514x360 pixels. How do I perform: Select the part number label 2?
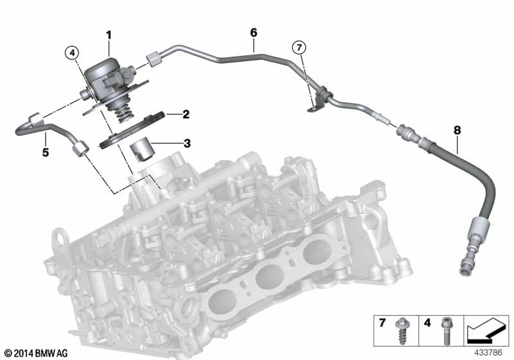(186, 115)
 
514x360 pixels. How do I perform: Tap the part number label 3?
(186, 143)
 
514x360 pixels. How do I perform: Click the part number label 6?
(253, 32)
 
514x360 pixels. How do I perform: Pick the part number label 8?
(457, 130)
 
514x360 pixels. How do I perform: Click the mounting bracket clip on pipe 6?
(316, 103)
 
